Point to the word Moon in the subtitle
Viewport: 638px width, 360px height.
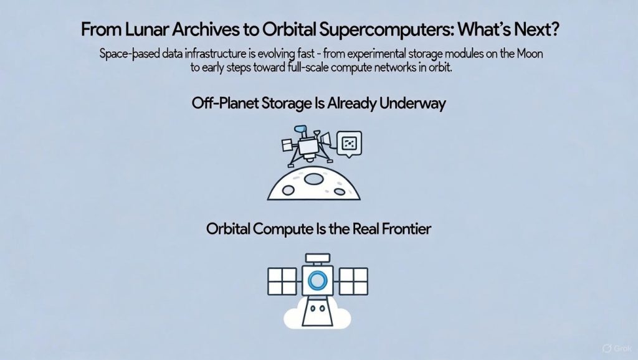530,54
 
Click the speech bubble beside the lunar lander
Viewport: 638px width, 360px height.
350,144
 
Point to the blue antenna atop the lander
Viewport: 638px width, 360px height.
300,131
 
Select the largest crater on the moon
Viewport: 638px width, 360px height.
314,179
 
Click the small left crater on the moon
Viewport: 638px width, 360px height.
288,190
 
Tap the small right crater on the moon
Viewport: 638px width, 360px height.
340,191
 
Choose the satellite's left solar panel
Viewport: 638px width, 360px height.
282,281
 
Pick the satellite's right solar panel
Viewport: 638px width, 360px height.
354,281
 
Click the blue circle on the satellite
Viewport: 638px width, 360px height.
317,280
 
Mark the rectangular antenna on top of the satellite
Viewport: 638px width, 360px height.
318,258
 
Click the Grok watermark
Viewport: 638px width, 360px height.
617,348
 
